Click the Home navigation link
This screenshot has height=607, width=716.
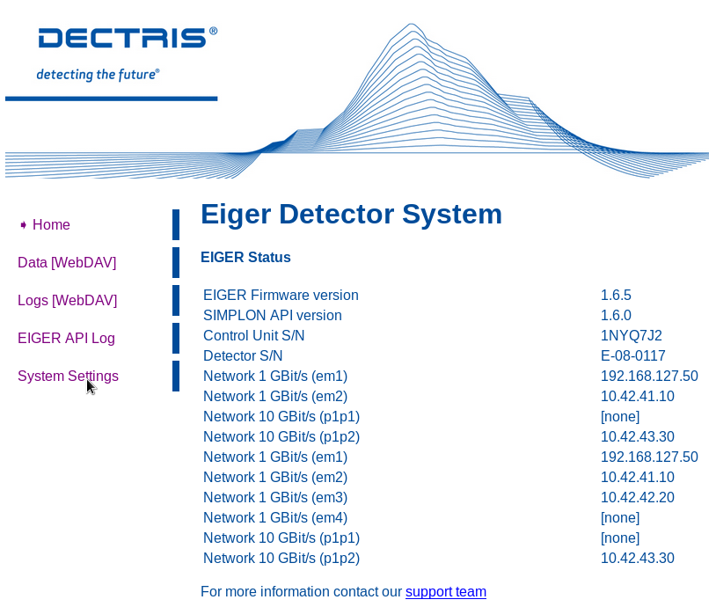pyautogui.click(x=51, y=224)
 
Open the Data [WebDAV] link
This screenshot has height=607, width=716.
pyautogui.click(x=67, y=263)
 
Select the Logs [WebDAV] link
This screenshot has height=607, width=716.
pyautogui.click(x=68, y=301)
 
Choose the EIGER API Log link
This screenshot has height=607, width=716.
pyautogui.click(x=66, y=339)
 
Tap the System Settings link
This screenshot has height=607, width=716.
pyautogui.click(x=68, y=376)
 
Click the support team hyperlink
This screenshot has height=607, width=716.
pyautogui.click(x=446, y=591)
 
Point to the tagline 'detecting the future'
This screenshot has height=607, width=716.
pyautogui.click(x=99, y=75)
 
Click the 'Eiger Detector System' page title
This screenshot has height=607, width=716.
pyautogui.click(x=351, y=214)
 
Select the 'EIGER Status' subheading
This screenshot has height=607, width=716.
pyautogui.click(x=245, y=257)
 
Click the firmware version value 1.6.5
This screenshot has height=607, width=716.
pyautogui.click(x=616, y=295)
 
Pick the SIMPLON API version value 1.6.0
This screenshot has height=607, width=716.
pyautogui.click(x=616, y=315)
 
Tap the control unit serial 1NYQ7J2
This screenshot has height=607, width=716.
pyautogui.click(x=632, y=336)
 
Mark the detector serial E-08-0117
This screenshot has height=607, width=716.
pyautogui.click(x=633, y=355)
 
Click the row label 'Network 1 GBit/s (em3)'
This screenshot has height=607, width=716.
pyautogui.click(x=275, y=497)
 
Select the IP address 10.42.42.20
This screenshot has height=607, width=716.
pyautogui.click(x=638, y=497)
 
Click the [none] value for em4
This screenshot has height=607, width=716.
pyautogui.click(x=620, y=517)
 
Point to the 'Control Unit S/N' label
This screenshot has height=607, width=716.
pyautogui.click(x=254, y=336)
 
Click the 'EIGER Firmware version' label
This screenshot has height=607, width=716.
pyautogui.click(x=281, y=295)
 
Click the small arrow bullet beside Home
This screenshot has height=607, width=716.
pyautogui.click(x=23, y=224)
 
